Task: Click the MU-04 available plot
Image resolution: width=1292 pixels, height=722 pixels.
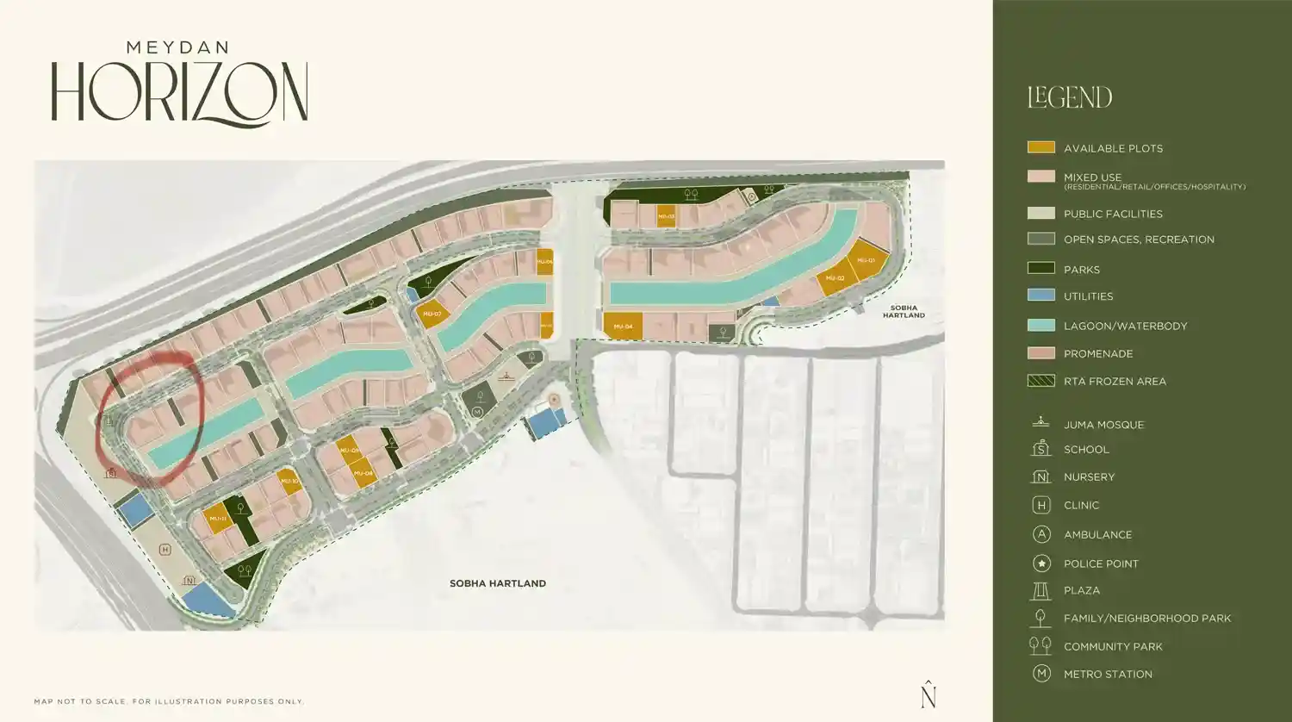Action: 623,327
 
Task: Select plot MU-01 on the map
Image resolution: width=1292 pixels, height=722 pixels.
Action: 866,260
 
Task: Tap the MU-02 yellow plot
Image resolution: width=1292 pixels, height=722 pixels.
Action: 835,278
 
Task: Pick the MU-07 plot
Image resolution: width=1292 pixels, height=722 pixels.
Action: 432,314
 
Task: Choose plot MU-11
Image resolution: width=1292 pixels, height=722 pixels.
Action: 217,519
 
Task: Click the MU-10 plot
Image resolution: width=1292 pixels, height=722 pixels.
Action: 289,482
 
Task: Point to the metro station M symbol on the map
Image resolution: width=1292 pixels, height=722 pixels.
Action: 477,413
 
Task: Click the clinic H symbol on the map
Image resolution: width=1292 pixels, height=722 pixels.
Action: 165,550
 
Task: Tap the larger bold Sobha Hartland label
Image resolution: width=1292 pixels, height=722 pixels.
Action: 498,583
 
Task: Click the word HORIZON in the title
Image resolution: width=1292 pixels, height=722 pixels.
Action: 179,92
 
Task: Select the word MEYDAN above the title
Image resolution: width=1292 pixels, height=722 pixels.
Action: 177,47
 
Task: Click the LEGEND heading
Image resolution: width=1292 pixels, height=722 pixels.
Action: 1070,97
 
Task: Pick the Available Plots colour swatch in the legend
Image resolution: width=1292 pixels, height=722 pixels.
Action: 1040,147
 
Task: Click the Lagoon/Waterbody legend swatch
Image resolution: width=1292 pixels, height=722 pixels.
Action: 1040,325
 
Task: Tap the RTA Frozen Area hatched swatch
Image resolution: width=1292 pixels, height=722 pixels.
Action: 1040,381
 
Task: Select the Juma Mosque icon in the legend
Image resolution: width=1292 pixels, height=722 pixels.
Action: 1041,422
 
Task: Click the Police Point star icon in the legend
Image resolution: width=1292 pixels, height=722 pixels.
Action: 1041,563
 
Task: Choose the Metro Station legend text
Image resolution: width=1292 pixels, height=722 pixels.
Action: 1108,675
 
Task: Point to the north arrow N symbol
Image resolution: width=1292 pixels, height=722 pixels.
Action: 928,694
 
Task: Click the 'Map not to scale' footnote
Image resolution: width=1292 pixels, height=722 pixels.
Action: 169,701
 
